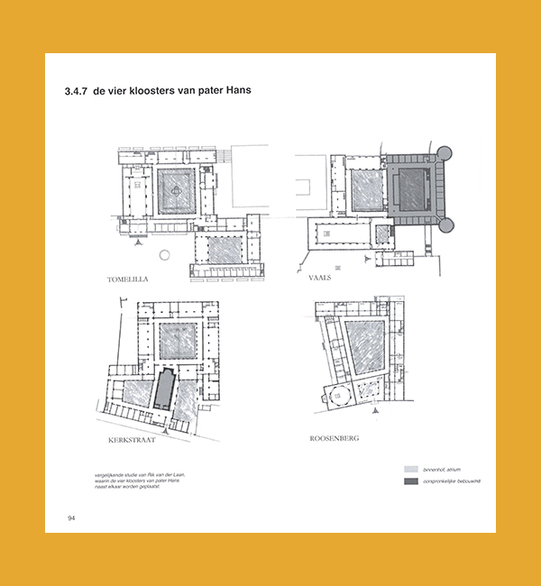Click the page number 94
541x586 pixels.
(x=70, y=517)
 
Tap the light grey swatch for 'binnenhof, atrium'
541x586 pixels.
(x=411, y=469)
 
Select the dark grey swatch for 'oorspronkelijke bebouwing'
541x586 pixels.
(x=411, y=481)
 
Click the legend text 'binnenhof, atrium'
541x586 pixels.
(x=442, y=469)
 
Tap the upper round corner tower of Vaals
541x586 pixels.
(x=442, y=153)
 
